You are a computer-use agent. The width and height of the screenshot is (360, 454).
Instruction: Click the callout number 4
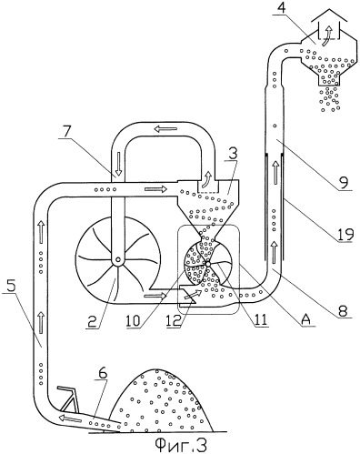(x=282, y=7)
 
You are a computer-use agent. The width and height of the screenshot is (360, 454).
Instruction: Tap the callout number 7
(x=67, y=131)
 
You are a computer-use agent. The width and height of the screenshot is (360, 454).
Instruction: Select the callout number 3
(x=232, y=154)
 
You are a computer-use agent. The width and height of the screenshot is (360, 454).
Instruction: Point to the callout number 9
(x=344, y=182)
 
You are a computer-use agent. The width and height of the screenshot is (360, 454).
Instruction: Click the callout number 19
(x=345, y=234)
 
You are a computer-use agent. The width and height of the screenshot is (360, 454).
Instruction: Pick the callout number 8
(x=343, y=310)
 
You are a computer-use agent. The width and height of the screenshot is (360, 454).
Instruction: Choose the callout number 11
(x=261, y=319)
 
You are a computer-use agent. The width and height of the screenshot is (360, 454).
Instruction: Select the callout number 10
(x=134, y=320)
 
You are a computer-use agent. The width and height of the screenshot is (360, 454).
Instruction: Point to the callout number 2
(x=92, y=321)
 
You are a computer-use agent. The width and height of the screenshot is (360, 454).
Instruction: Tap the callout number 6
(x=103, y=373)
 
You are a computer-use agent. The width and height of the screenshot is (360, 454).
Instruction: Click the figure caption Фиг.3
(x=181, y=445)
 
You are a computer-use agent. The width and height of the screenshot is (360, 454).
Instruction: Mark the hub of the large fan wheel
(x=117, y=260)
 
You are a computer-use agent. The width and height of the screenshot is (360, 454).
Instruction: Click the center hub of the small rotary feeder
(x=208, y=264)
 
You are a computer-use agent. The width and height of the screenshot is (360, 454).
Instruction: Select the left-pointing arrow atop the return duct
(x=165, y=129)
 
